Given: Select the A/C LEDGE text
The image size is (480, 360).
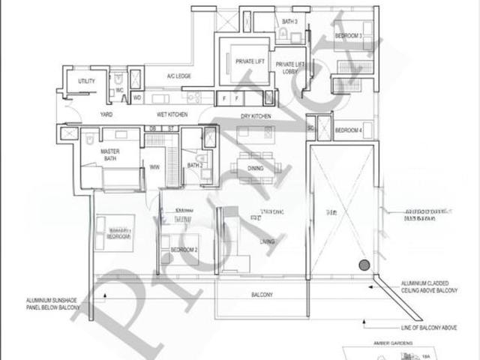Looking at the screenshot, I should (x=179, y=76).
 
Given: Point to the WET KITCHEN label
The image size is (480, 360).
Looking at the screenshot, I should (x=171, y=115).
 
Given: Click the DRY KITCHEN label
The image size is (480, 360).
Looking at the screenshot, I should (x=255, y=116).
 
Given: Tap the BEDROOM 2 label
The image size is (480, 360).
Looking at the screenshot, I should (x=184, y=249).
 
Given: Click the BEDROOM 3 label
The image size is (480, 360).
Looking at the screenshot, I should (x=348, y=36).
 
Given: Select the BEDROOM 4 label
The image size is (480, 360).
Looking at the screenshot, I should (x=349, y=130).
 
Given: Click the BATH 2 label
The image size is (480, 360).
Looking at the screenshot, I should (x=195, y=166).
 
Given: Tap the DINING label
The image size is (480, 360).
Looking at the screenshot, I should (x=256, y=169).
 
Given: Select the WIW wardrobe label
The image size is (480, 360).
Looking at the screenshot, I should (x=155, y=166).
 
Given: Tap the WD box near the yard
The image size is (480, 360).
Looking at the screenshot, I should (x=137, y=97).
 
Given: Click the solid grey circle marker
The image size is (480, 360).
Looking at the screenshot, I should (x=364, y=265).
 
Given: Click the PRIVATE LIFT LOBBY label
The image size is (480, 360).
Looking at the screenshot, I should (x=289, y=68).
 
